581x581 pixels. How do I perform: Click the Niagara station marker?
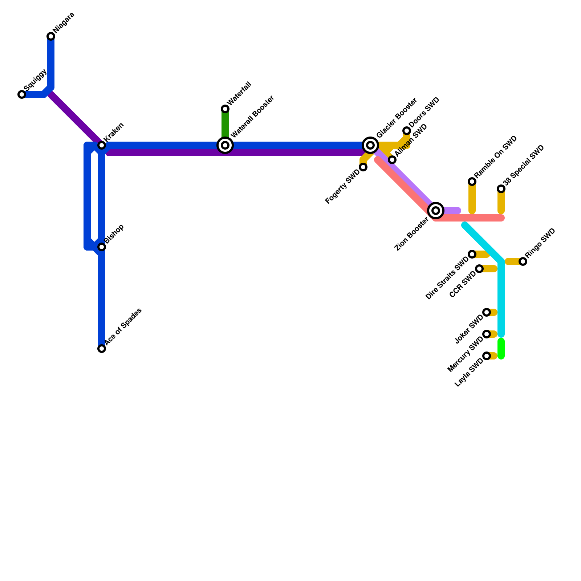(51, 36)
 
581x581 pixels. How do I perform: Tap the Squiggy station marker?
(22, 94)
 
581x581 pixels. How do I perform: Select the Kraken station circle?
(102, 145)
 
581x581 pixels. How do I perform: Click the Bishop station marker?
(102, 247)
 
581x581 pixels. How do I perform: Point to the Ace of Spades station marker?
(102, 349)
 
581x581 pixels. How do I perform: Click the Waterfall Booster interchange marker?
(225, 145)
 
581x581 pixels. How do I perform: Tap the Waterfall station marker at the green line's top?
(225, 109)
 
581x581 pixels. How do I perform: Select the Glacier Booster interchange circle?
(370, 145)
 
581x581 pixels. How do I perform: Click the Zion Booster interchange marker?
(436, 210)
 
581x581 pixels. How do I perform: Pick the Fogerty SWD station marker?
(363, 167)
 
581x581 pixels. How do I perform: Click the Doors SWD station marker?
(407, 131)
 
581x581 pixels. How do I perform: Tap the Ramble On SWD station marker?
(472, 182)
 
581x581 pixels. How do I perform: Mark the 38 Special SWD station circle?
(501, 189)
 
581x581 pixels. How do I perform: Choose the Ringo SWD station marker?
(523, 261)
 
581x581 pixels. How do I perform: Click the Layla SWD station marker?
(487, 356)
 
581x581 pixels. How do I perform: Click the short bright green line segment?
(501, 349)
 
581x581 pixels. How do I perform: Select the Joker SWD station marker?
(487, 312)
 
